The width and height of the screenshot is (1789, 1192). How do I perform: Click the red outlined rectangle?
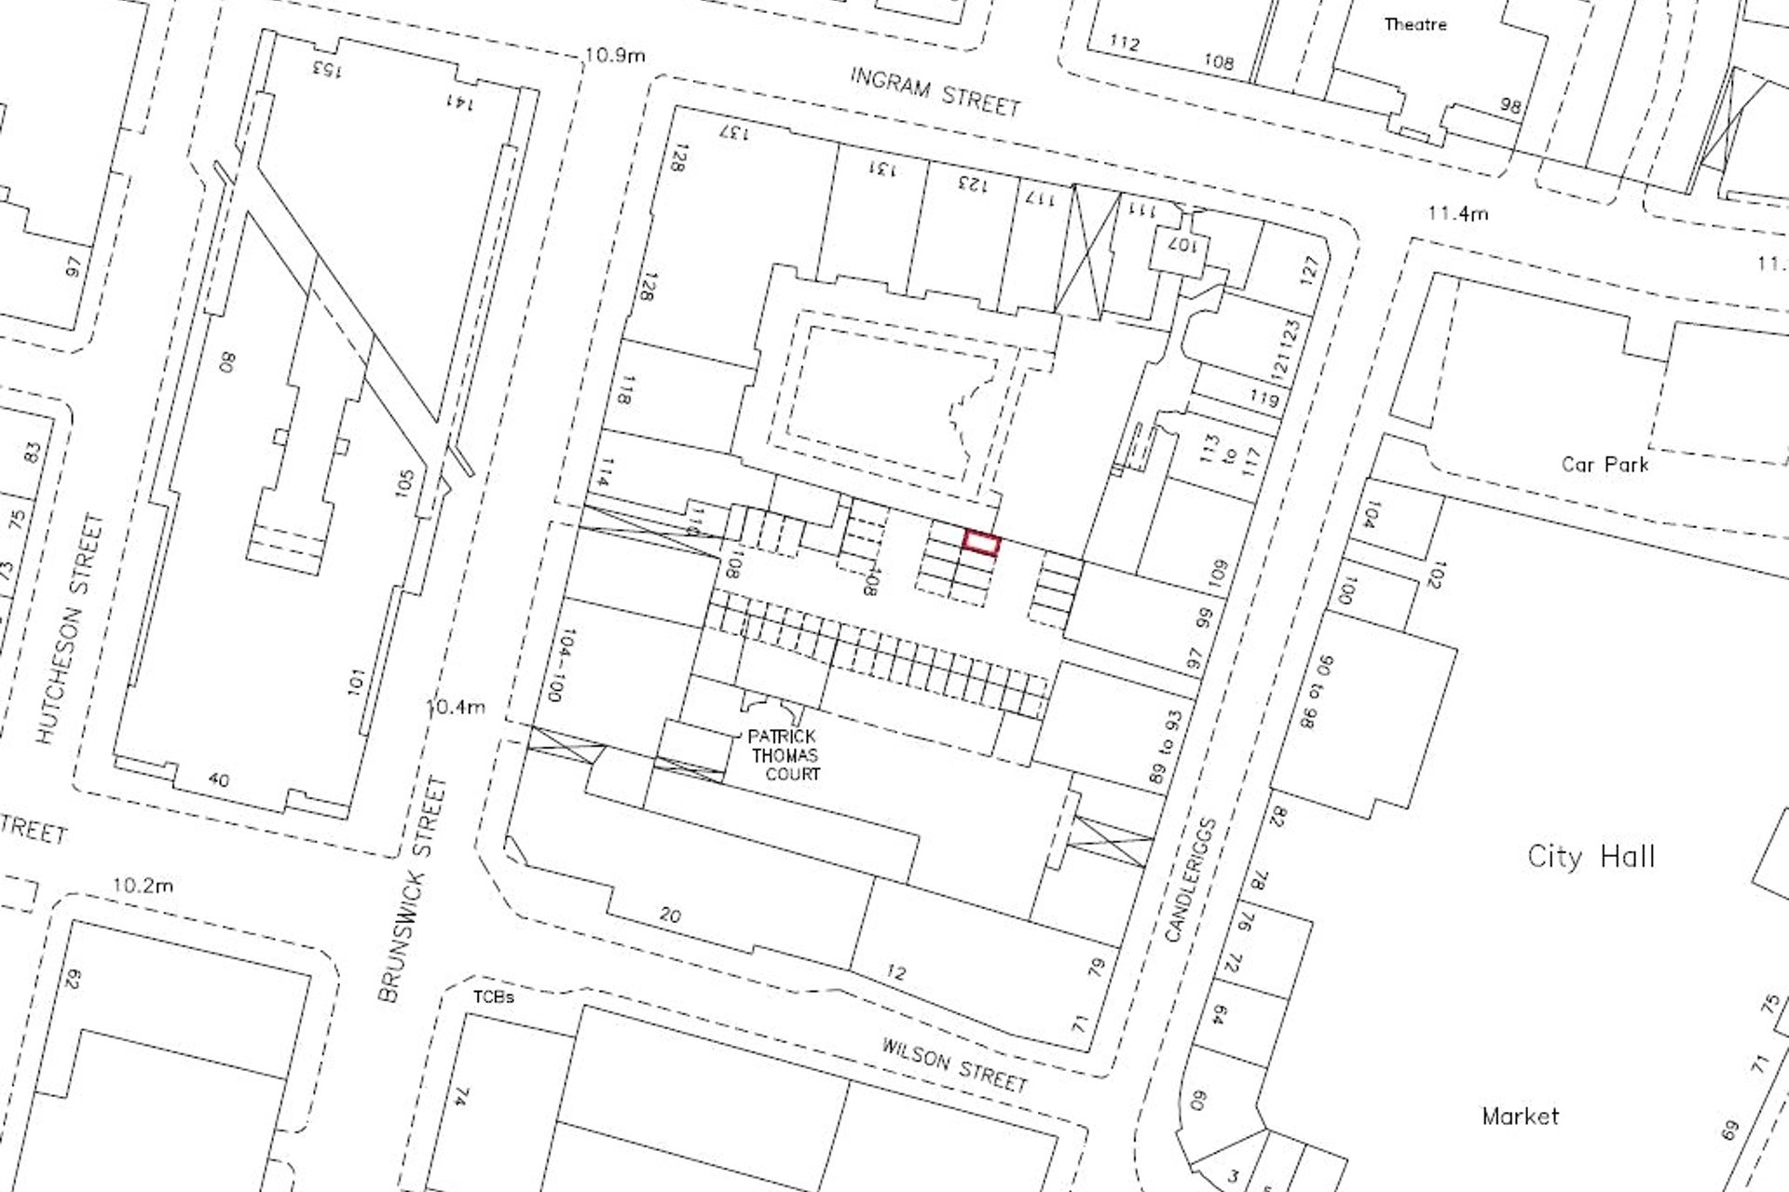(x=981, y=543)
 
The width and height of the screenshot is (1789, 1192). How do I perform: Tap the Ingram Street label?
(x=935, y=91)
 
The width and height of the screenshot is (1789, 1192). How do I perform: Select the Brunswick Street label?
(x=413, y=889)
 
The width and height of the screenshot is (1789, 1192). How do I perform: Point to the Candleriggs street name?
(x=1192, y=880)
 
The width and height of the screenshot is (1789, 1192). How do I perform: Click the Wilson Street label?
(x=954, y=1065)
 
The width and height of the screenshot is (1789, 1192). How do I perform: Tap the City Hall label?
(x=1591, y=857)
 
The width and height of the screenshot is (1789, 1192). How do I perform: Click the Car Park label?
(x=1605, y=464)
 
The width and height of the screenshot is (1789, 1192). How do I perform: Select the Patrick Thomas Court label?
(x=785, y=755)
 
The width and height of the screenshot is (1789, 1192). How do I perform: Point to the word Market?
(x=1520, y=1116)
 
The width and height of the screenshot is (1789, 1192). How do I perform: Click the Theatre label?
(x=1414, y=25)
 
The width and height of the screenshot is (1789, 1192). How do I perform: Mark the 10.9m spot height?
(x=615, y=55)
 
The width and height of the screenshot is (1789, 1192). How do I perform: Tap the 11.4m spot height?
(x=1457, y=213)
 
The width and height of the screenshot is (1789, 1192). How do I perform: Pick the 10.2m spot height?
(x=143, y=885)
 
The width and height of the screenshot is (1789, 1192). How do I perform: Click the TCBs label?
(x=493, y=997)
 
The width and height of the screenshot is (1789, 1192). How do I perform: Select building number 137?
(x=734, y=132)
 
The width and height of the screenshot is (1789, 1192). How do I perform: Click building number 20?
(x=671, y=915)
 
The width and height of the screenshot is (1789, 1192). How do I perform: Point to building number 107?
(x=1181, y=247)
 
